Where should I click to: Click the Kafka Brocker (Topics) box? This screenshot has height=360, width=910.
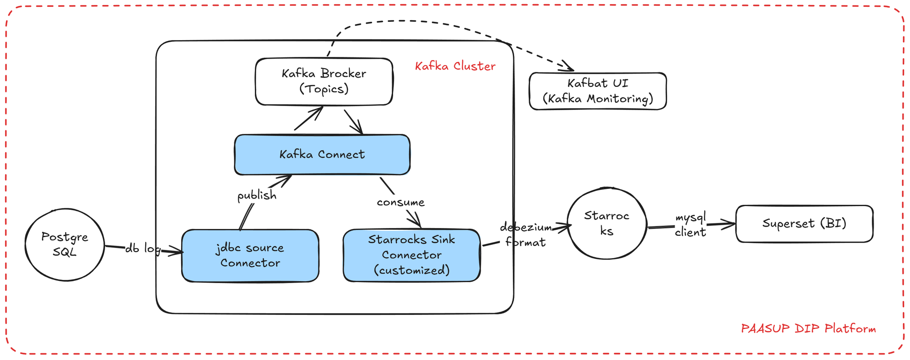coord(324,81)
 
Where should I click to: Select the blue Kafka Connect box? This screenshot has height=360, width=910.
coord(322,155)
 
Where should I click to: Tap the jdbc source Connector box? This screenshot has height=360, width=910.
coord(250,255)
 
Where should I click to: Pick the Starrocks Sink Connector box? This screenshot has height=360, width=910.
coord(411,255)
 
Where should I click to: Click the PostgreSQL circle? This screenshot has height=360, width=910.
coord(65,244)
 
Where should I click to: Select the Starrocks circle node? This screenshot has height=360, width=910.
coord(607,223)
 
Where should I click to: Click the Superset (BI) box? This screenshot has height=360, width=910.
coord(804,223)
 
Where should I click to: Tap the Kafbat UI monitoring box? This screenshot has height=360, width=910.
coord(597,91)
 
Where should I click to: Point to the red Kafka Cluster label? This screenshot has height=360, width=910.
coord(455,66)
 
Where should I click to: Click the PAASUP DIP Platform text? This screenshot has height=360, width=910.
coord(808,329)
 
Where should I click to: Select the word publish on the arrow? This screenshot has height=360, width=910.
coord(257,195)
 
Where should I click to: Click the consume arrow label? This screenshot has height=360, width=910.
coord(400,202)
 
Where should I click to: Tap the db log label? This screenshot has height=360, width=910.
coord(142,248)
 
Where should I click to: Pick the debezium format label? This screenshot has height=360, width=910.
coord(526,234)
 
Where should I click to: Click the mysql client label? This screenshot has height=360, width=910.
coord(690,225)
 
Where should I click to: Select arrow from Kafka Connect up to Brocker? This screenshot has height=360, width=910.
coord(309,118)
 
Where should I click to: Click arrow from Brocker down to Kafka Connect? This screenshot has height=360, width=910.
coord(354,122)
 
